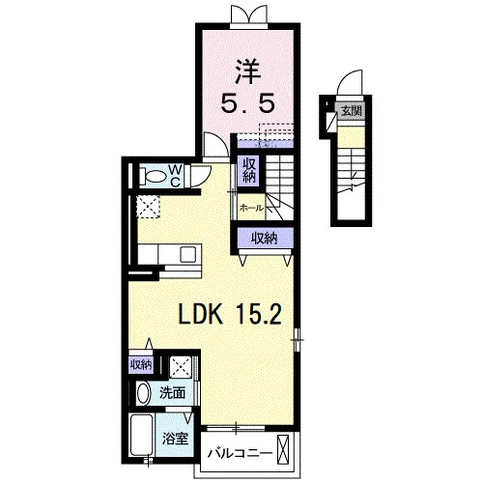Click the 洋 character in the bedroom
coord(248,72)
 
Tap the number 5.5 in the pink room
coord(248,102)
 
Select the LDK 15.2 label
coord(230,314)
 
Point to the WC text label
coord(175,176)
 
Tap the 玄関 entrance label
coord(352,111)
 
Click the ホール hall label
coord(251,208)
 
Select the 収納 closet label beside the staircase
coord(249,171)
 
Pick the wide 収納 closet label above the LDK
coord(264,239)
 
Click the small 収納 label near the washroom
coord(141,365)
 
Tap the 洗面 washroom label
coord(173,393)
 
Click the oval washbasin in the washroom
coord(144,393)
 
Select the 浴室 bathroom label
coord(175,439)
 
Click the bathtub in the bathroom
coord(141,435)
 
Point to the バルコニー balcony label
coord(240,454)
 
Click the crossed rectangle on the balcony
coord(284,449)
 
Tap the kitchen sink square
coord(187,254)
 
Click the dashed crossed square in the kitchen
coord(149,207)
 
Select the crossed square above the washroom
coord(181,367)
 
